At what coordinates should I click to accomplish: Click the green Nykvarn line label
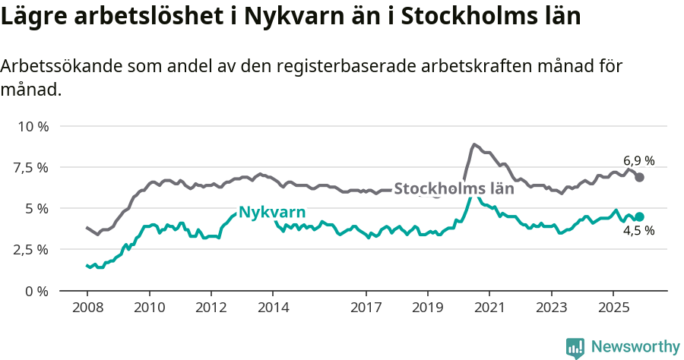click(x=272, y=212)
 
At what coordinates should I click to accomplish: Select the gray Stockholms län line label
click(x=454, y=188)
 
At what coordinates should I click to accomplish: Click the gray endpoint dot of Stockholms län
click(x=640, y=177)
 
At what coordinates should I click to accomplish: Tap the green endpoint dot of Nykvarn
click(x=640, y=216)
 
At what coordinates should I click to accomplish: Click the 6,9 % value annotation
click(x=638, y=161)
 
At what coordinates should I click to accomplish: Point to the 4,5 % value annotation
click(x=638, y=231)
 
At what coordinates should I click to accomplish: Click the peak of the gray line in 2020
click(x=473, y=144)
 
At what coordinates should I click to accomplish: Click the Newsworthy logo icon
click(x=575, y=347)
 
